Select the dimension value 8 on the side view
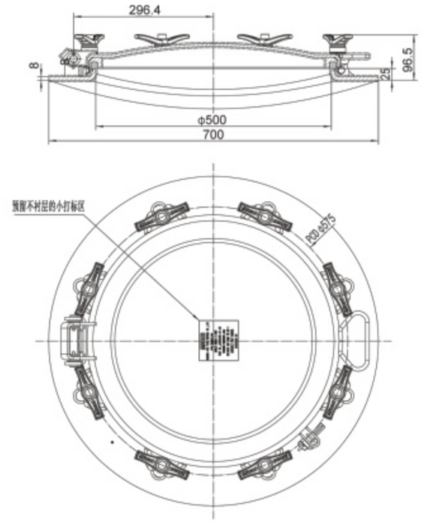[32, 67]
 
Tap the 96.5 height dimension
[408, 58]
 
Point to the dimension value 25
[385, 74]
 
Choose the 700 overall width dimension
[213, 135]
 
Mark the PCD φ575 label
[320, 227]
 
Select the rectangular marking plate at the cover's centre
[218, 340]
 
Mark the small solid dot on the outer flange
[112, 442]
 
